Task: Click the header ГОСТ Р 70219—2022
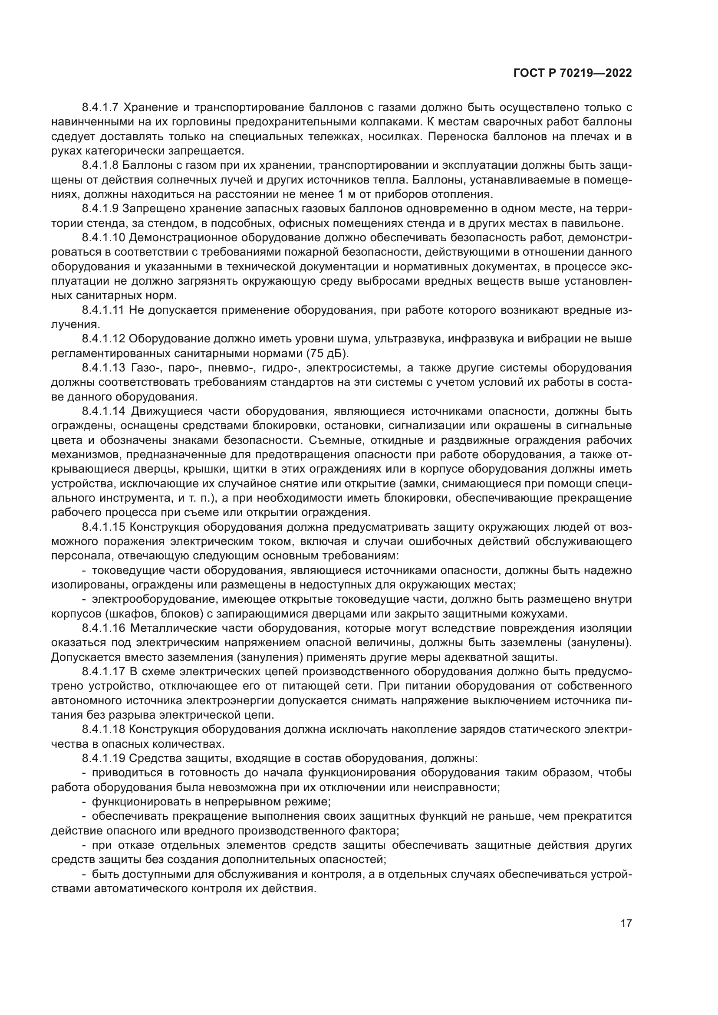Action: click(x=573, y=73)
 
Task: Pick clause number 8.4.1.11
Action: click(x=103, y=310)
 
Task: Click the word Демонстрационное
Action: click(x=183, y=238)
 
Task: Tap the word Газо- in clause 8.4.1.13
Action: click(x=146, y=368)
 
